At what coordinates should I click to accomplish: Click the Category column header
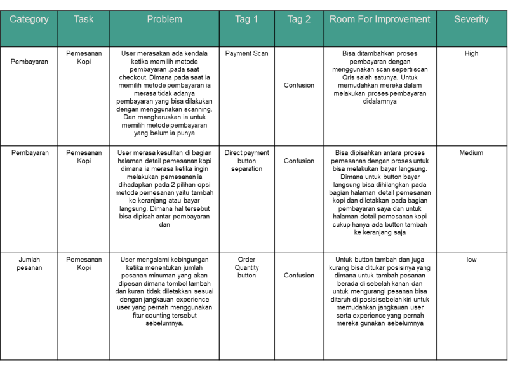29,20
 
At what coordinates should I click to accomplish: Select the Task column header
83,20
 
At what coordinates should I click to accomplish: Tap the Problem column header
164,20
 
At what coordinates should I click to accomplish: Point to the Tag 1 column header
246,20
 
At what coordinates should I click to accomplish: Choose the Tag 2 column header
299,20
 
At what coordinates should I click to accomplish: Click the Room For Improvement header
380,20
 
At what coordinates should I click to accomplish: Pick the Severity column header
471,20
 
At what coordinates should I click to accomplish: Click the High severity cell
471,54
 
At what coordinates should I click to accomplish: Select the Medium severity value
471,153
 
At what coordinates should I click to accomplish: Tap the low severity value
471,260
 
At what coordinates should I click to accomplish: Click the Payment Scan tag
246,54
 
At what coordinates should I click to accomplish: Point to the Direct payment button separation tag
246,161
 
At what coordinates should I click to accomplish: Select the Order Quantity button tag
246,267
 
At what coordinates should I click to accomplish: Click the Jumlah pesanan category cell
29,264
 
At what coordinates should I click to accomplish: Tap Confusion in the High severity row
299,85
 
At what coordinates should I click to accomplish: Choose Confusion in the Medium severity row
299,161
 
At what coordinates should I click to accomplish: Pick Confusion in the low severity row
299,276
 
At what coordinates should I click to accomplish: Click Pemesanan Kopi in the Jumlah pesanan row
84,264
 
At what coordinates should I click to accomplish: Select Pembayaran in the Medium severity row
29,153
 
